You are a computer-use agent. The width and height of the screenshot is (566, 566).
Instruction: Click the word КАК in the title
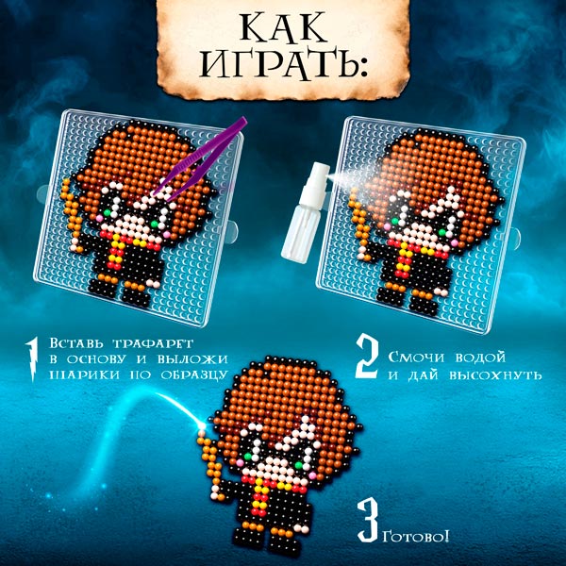click(x=284, y=28)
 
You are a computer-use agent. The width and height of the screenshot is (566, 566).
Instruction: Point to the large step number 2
click(x=367, y=357)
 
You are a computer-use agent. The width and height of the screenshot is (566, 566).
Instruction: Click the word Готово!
click(x=416, y=537)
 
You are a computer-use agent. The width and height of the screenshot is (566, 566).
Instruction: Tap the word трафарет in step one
click(x=153, y=343)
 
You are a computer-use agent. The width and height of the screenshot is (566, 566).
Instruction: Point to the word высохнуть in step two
click(x=496, y=375)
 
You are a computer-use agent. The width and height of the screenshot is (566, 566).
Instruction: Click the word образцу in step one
click(x=193, y=375)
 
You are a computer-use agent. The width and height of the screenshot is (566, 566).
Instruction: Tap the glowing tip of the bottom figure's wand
click(x=202, y=426)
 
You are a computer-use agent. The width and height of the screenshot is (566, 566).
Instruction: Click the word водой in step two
click(x=480, y=358)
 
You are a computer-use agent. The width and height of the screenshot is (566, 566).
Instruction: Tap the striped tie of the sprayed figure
click(x=403, y=259)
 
